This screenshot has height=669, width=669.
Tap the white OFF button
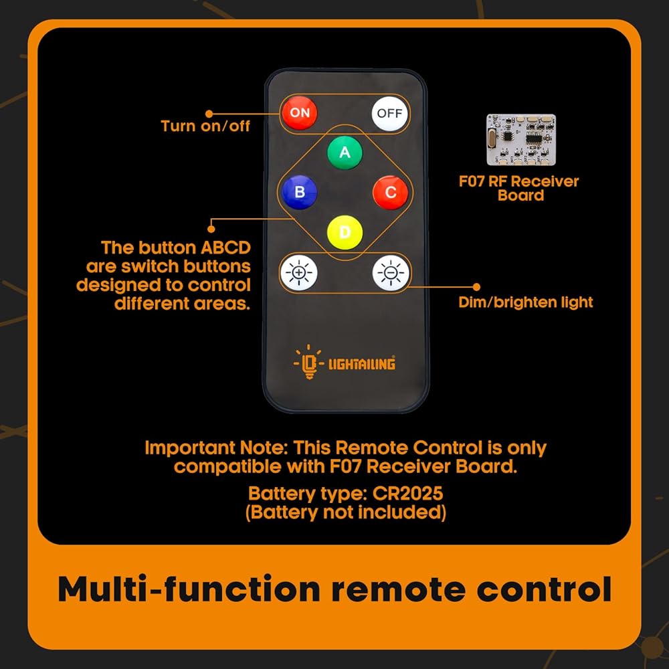[x=389, y=114]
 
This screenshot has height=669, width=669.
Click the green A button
[x=345, y=153]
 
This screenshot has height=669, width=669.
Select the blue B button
[x=300, y=192]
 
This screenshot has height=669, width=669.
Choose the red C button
[x=391, y=193]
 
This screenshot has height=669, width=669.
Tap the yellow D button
[x=345, y=233]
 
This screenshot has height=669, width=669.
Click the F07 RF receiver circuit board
[x=521, y=140]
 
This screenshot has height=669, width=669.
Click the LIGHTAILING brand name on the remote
[x=361, y=363]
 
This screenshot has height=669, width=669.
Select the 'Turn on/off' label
[x=205, y=126]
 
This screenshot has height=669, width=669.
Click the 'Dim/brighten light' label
[x=526, y=302]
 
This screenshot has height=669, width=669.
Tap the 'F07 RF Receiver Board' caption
[x=519, y=188]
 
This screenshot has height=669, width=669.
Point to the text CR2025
[x=408, y=494]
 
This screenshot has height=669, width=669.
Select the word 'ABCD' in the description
[x=225, y=248]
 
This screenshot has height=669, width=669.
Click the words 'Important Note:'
[x=216, y=448]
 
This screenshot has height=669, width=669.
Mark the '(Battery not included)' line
[x=346, y=512]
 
